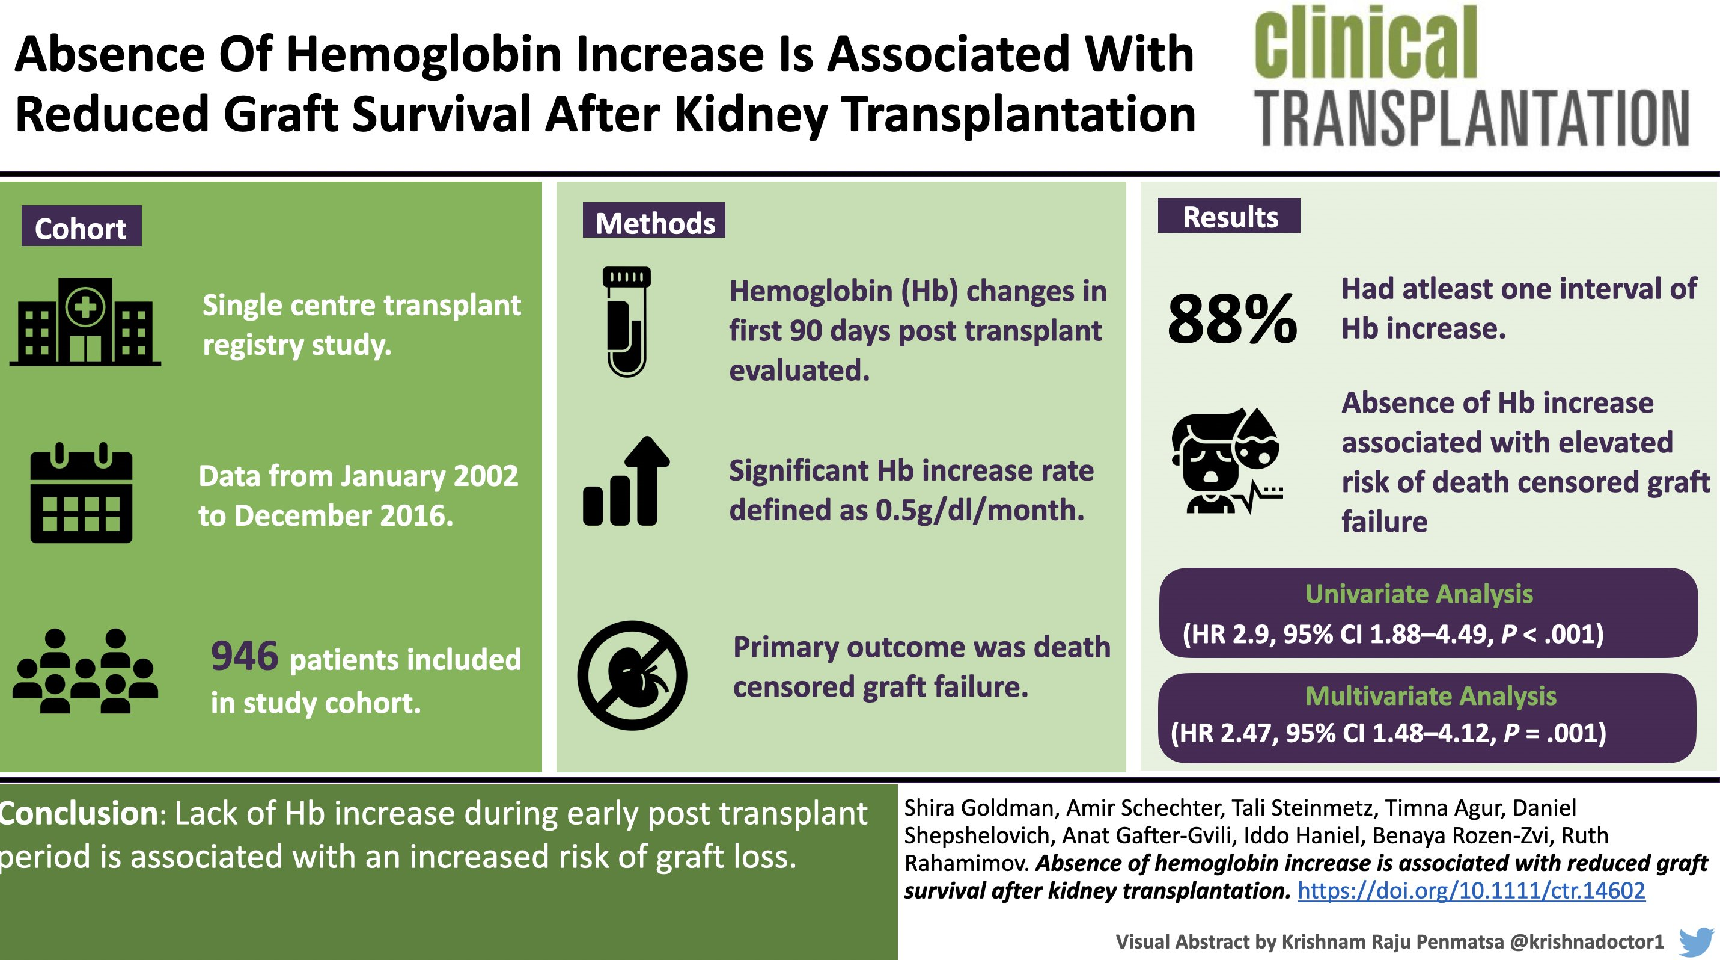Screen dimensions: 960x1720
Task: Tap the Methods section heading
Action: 654,222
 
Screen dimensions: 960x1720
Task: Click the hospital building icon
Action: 85,322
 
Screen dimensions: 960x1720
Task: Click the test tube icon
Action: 626,321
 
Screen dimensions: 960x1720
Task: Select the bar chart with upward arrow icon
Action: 626,482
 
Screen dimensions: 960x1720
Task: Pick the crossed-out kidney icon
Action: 632,675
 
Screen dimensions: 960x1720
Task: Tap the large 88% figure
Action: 1233,319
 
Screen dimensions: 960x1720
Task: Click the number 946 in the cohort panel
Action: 245,656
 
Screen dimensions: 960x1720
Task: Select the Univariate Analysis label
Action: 1419,594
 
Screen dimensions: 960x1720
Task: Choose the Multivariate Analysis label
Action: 1430,696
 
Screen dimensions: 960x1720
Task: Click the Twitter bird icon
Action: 1695,941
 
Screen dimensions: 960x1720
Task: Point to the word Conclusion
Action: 79,814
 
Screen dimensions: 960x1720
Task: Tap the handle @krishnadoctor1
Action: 1587,941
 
